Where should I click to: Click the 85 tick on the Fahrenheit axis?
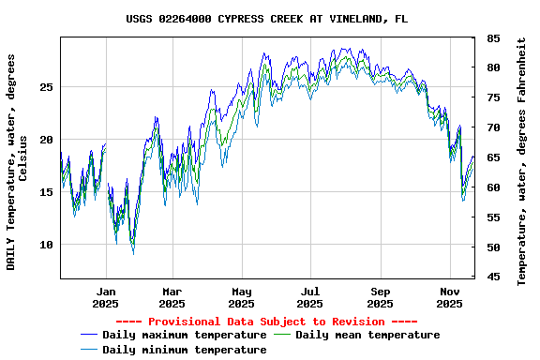click(492, 38)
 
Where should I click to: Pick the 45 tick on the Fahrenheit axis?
click(492, 277)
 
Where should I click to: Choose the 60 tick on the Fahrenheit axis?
click(492, 187)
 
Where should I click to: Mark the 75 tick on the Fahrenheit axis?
click(492, 97)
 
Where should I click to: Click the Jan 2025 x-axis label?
click(106, 297)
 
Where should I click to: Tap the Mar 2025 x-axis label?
click(172, 297)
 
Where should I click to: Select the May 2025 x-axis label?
click(241, 297)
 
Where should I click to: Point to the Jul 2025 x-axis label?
click(310, 297)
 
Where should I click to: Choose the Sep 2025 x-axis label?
click(380, 297)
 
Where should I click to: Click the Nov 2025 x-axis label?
click(449, 297)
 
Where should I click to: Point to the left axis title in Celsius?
click(17, 161)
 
